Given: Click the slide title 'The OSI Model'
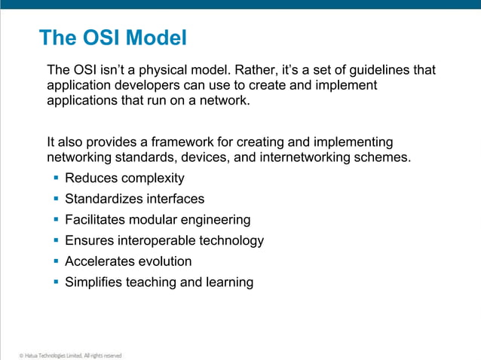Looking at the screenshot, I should tap(112, 37).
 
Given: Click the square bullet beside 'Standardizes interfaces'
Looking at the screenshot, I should tap(57, 199).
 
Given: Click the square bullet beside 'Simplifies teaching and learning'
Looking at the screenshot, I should tap(57, 282).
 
